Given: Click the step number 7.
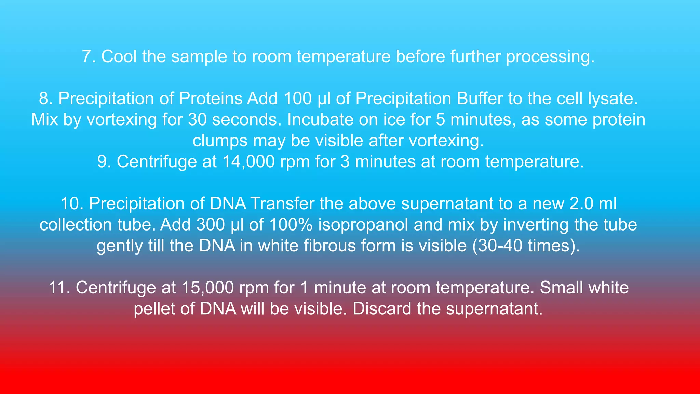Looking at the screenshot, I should click(88, 57).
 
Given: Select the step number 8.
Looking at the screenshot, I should click(45, 99).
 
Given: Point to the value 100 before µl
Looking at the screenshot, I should click(297, 99).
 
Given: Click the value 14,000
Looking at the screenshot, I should click(248, 162).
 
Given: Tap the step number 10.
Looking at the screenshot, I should click(72, 204).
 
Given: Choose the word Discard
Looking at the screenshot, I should click(382, 309).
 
